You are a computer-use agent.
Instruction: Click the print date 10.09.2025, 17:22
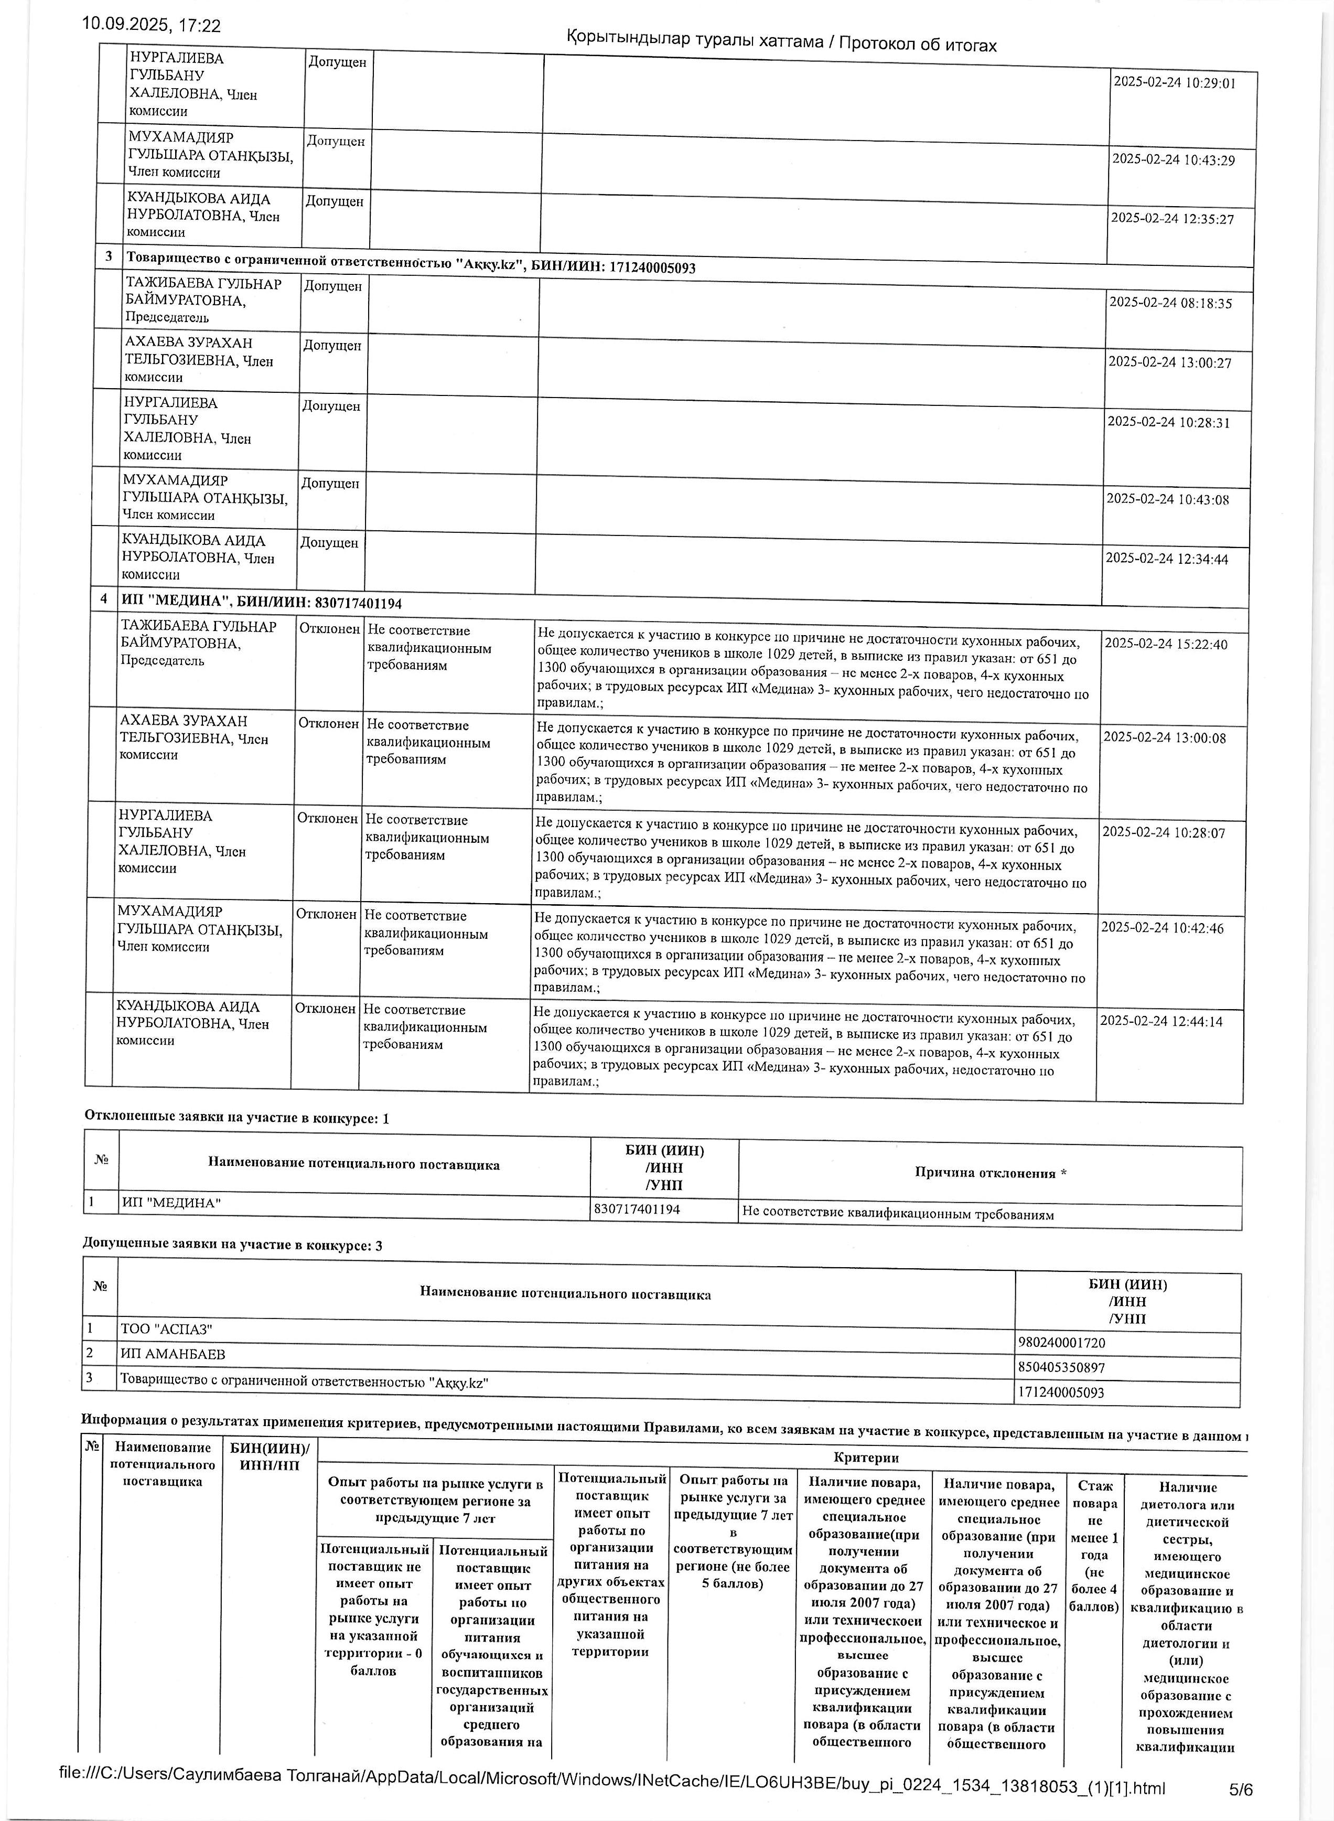(x=151, y=25)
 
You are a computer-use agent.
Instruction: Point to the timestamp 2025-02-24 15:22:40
(x=1165, y=645)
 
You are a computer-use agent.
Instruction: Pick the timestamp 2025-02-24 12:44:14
(x=1161, y=1022)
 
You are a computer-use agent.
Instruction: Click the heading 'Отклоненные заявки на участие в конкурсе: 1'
(x=236, y=1118)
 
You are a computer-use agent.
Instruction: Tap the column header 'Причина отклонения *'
(x=990, y=1173)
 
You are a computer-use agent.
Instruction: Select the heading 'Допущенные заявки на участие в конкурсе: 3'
(x=233, y=1245)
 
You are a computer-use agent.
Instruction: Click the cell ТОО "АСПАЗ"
(x=166, y=1329)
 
